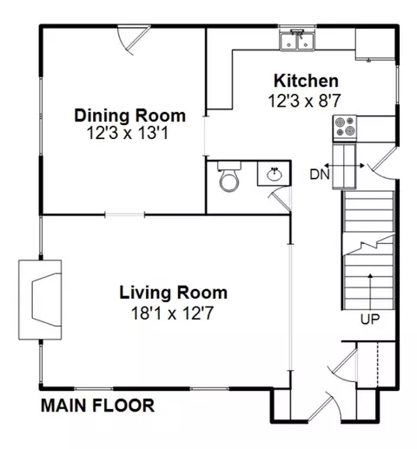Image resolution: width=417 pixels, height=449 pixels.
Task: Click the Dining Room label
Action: tap(130, 116)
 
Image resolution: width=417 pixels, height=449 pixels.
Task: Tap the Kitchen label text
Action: tap(306, 81)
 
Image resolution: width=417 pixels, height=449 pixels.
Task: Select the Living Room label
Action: tap(174, 293)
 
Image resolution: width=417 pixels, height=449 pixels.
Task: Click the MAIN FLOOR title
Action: tap(97, 406)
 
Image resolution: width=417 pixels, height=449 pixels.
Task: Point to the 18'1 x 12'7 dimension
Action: tap(173, 313)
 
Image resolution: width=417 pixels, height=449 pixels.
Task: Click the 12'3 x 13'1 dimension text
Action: tap(128, 134)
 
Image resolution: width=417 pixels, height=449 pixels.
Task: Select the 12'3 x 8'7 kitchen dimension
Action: tap(304, 101)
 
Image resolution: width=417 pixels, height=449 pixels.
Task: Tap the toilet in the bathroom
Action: tap(229, 176)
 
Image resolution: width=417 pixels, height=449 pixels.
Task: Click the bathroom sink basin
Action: tap(275, 175)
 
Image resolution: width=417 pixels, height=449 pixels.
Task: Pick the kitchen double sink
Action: tap(297, 40)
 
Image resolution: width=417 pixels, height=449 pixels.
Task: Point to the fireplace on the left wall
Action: tap(40, 300)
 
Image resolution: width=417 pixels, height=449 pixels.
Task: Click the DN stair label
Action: tap(320, 175)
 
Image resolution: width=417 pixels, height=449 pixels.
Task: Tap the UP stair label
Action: tap(370, 319)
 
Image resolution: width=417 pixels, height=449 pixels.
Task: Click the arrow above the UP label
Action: tap(370, 292)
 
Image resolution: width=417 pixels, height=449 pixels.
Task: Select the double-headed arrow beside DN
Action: tap(344, 166)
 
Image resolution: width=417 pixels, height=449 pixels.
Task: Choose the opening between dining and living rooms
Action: tap(124, 215)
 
